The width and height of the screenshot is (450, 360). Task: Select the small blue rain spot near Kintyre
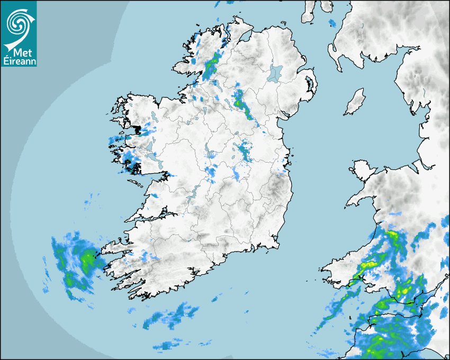[x=332, y=23]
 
